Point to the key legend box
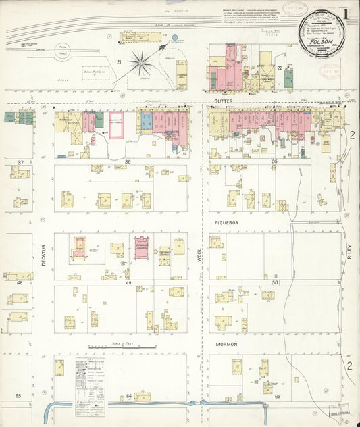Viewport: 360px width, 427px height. (91, 380)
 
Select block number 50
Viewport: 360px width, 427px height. (274, 282)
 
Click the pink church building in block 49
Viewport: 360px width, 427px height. (142, 247)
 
